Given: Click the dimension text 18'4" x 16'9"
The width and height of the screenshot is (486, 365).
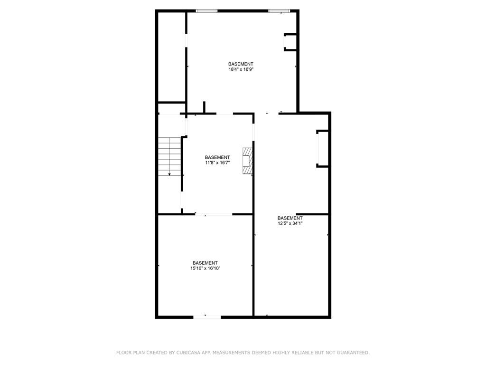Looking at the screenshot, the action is tap(241, 69).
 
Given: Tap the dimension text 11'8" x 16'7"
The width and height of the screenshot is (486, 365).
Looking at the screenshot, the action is tap(217, 163).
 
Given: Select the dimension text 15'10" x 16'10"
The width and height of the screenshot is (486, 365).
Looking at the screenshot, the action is tap(205, 268).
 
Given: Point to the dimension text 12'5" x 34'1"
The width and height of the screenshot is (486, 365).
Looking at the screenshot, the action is tap(290, 223).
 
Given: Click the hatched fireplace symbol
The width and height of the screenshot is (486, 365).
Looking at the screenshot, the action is tap(248, 161).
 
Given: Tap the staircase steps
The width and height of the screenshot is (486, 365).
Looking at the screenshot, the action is tap(169, 156).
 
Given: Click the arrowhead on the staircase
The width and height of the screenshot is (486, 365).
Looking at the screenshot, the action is tap(169, 174).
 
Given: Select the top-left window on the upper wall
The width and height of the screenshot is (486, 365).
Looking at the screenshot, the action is tap(207, 11).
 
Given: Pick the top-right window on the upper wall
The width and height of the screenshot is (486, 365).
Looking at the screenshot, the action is tap(279, 11).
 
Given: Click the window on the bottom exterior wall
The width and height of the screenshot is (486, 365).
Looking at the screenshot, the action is tap(207, 317).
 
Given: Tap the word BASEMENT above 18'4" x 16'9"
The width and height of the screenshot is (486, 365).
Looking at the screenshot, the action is tap(241, 64).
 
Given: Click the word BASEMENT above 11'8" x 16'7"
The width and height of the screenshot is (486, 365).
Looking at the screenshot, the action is tap(217, 157).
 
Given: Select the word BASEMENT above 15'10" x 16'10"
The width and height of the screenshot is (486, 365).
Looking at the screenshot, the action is tap(205, 263).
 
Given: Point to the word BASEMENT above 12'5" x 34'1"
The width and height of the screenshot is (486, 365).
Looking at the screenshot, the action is tap(290, 218).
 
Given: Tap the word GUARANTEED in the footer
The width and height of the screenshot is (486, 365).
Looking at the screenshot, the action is tap(353, 353).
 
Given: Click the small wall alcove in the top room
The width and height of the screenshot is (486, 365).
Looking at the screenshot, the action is tap(290, 42).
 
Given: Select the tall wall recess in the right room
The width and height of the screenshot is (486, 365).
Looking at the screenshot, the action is tap(322, 149).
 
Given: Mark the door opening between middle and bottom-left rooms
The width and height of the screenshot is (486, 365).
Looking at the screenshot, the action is tap(214, 214).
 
